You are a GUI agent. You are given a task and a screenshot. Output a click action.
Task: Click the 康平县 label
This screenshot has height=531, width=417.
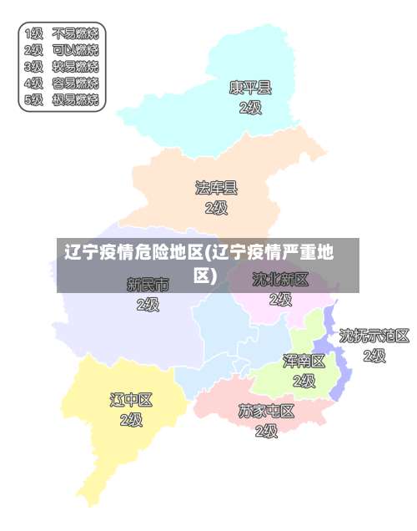click(250, 87)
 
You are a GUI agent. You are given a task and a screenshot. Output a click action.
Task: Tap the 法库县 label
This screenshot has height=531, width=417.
click(216, 188)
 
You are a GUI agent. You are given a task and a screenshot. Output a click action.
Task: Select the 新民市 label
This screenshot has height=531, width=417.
click(148, 285)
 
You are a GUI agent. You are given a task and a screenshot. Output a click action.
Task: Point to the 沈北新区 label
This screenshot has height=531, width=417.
click(281, 279)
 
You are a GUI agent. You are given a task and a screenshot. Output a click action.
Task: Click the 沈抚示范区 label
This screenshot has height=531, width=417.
click(374, 336)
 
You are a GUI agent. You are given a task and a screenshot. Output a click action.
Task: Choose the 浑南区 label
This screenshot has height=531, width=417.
click(304, 361)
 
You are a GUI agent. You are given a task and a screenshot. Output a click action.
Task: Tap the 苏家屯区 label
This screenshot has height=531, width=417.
click(266, 411)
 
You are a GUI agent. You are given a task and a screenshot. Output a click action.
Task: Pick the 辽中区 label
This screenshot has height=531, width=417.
click(132, 399)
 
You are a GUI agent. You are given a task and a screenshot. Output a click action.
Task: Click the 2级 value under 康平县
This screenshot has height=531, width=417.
click(250, 108)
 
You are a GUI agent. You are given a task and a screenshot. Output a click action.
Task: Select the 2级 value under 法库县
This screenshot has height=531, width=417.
click(216, 208)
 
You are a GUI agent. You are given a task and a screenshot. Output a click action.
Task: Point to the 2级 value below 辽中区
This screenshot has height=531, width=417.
click(132, 419)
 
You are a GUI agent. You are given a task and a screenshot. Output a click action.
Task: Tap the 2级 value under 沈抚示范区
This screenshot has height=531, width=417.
click(374, 356)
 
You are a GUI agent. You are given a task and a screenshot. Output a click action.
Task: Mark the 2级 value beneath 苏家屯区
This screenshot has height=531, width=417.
click(266, 431)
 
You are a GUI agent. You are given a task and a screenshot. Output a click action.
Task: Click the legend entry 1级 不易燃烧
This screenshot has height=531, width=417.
click(62, 34)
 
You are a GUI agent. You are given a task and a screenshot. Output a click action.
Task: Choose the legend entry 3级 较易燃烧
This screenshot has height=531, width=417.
click(62, 67)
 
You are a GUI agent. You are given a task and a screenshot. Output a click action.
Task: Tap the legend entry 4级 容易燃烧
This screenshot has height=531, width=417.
click(62, 83)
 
